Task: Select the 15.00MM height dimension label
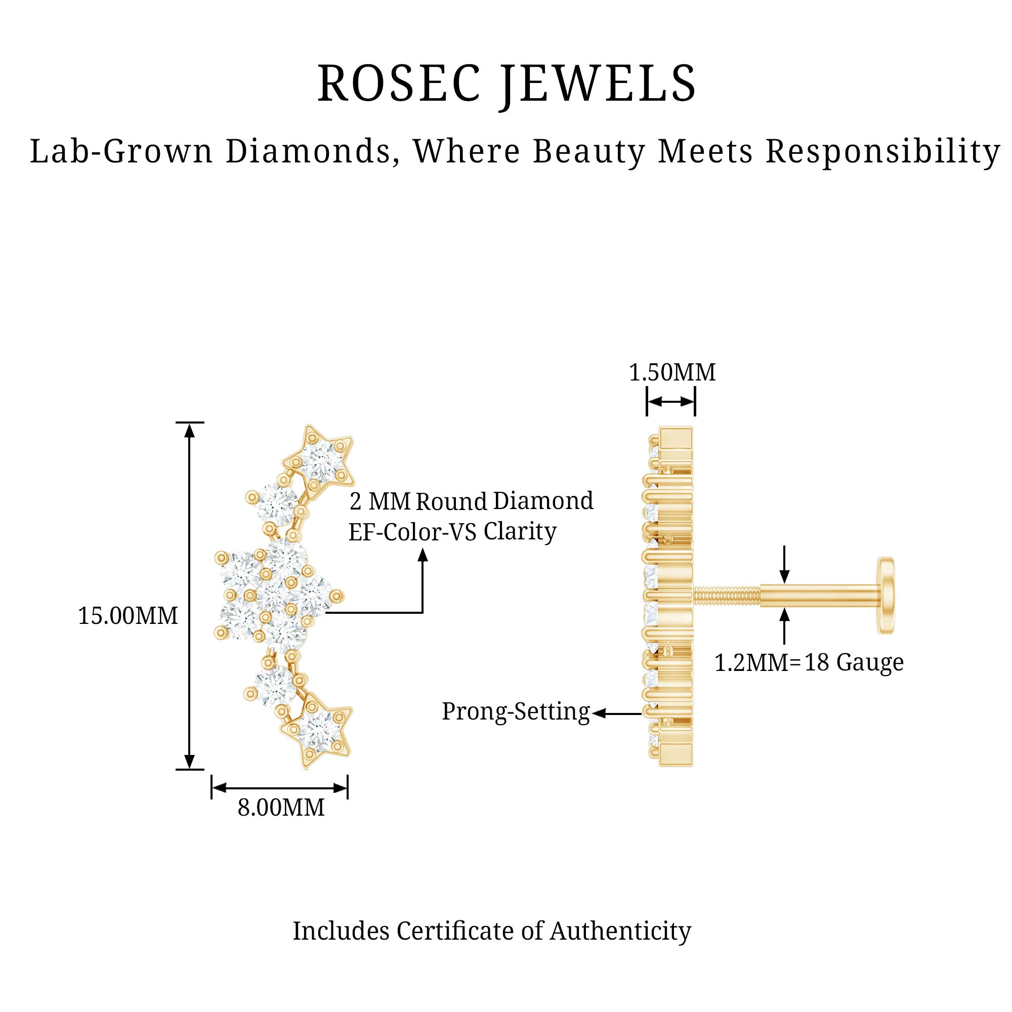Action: pyautogui.click(x=128, y=615)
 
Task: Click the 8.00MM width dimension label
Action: pyautogui.click(x=281, y=807)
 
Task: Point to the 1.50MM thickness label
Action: pyautogui.click(x=671, y=372)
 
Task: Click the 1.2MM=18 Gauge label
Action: pyautogui.click(x=809, y=663)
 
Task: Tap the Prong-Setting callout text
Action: pyautogui.click(x=516, y=711)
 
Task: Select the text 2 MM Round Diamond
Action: pyautogui.click(x=471, y=501)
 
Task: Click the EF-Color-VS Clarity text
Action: pyautogui.click(x=452, y=532)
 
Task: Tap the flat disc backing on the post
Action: pyautogui.click(x=886, y=595)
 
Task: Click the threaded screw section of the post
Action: pyautogui.click(x=726, y=595)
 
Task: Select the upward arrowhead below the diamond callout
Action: pyautogui.click(x=422, y=555)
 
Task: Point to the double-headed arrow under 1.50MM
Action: pyautogui.click(x=670, y=402)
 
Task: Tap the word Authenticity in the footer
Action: pyautogui.click(x=620, y=931)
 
